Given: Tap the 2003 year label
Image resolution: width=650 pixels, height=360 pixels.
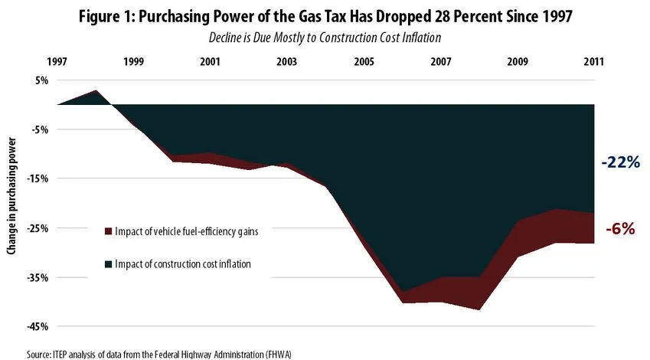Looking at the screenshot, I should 286,61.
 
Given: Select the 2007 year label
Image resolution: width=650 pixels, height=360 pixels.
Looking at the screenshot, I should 439,61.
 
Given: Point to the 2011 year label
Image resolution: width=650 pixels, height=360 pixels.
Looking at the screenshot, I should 593,61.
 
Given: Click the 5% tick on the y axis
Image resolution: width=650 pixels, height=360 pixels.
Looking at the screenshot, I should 41,80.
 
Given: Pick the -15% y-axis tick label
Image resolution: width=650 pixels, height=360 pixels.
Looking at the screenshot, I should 39,178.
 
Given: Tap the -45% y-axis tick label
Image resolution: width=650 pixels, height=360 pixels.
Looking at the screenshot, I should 39,327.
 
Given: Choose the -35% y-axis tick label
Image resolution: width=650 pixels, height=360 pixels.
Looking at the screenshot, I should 39,277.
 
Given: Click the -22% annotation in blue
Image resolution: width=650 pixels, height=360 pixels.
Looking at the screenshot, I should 619,162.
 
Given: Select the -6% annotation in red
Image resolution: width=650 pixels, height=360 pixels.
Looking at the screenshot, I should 621,227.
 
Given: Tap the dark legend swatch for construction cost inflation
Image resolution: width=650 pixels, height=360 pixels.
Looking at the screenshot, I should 109,264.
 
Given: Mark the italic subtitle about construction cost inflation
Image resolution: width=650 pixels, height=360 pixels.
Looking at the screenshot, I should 325,37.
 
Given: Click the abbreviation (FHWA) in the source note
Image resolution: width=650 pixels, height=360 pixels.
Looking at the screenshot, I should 277,353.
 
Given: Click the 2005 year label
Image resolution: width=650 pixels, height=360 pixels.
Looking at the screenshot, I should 363,61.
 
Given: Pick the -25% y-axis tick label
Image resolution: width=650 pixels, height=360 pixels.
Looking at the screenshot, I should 39,228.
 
